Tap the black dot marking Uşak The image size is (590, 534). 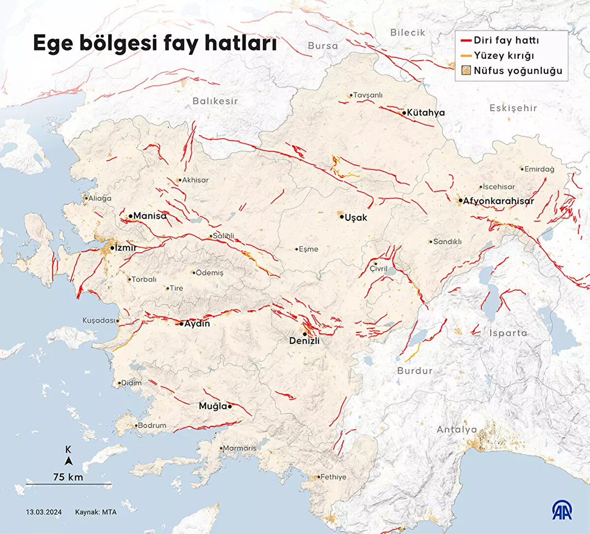pyautogui.click(x=341, y=216)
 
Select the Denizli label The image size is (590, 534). pyautogui.click(x=304, y=341)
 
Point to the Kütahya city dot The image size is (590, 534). pyautogui.click(x=404, y=113)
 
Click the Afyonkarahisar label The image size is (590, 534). pyautogui.click(x=498, y=201)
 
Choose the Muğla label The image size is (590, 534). pyautogui.click(x=212, y=406)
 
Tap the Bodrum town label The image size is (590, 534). pyautogui.click(x=151, y=425)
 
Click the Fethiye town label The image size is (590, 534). pyautogui.click(x=333, y=477)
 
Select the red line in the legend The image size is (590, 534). pyautogui.click(x=467, y=40)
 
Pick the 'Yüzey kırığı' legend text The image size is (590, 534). pyautogui.click(x=503, y=56)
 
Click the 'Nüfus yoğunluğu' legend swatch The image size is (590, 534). pyautogui.click(x=467, y=71)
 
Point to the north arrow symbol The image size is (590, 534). pyautogui.click(x=69, y=461)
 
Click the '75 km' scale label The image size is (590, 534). pyautogui.click(x=68, y=477)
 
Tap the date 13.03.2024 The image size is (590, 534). pyautogui.click(x=44, y=512)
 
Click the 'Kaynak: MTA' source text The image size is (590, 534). pyautogui.click(x=96, y=512)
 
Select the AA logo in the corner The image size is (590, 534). pyautogui.click(x=561, y=510)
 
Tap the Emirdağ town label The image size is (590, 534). pyautogui.click(x=539, y=169)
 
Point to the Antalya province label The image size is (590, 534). pyautogui.click(x=457, y=430)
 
